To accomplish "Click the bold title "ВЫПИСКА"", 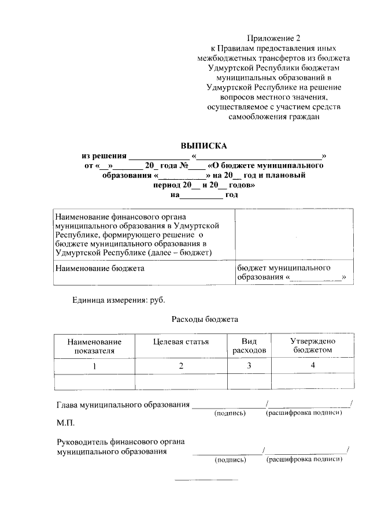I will click(x=203, y=146).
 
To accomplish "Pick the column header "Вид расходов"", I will click(x=249, y=346).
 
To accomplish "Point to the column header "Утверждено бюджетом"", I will click(x=312, y=346).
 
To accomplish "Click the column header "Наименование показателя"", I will click(x=94, y=346).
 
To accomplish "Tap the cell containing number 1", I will click(x=94, y=366).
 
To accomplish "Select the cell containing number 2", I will click(x=181, y=366).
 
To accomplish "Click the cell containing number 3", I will click(x=249, y=366).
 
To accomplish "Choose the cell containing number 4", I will click(x=312, y=365).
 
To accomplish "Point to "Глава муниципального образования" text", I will click(x=123, y=405).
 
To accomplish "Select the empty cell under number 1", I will click(x=94, y=381).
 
